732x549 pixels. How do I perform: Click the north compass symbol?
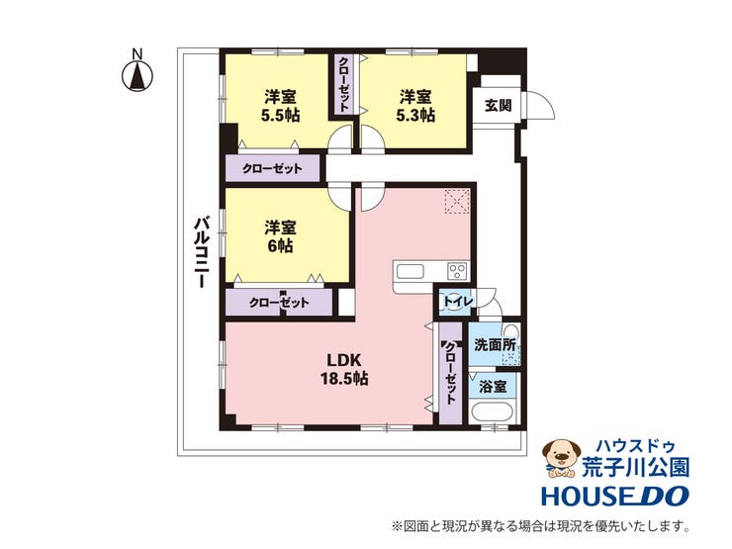(x=137, y=75)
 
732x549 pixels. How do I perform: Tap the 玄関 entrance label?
(x=499, y=106)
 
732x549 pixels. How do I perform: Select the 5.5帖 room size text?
(x=280, y=116)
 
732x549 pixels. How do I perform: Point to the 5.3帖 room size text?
(x=415, y=115)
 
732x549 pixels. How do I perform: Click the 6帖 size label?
(x=280, y=245)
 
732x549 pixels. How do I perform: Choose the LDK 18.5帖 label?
(x=344, y=368)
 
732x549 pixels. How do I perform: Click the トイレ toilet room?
(x=456, y=302)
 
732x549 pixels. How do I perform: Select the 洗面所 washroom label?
(x=495, y=345)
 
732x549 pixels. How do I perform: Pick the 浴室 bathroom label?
(x=494, y=387)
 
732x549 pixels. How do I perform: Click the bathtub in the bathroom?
(x=492, y=413)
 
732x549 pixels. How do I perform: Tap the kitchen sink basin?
(x=410, y=272)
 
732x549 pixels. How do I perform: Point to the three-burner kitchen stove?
(x=457, y=271)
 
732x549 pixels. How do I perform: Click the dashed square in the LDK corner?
(x=457, y=202)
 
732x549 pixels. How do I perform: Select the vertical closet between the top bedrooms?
(x=343, y=84)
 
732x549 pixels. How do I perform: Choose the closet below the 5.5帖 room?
(x=273, y=168)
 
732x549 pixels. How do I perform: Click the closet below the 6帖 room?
(x=279, y=302)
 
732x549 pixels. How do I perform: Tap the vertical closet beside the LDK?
(x=450, y=373)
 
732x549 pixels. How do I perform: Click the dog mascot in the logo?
(x=560, y=458)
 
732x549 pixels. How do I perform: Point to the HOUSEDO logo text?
(x=615, y=496)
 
